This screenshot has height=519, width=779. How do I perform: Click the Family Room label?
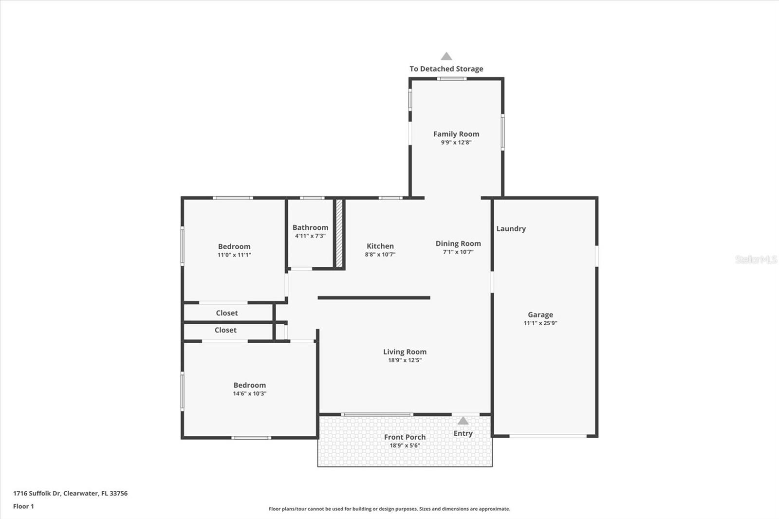click(x=456, y=134)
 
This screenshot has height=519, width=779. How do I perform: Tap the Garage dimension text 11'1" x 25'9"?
click(x=540, y=323)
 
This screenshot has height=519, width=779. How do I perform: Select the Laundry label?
click(x=511, y=228)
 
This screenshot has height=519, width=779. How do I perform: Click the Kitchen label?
click(x=380, y=246)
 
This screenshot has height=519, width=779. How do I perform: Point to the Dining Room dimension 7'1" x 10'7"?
click(x=458, y=252)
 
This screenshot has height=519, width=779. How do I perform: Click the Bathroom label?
click(x=310, y=227)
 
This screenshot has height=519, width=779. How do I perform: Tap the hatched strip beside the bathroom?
click(x=339, y=233)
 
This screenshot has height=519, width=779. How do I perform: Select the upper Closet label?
click(x=227, y=313)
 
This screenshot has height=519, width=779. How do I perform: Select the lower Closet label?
click(x=225, y=330)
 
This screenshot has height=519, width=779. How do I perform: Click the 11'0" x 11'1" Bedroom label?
click(x=234, y=246)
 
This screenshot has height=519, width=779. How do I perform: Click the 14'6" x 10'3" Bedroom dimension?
click(x=249, y=394)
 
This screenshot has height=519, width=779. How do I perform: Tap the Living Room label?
click(x=405, y=352)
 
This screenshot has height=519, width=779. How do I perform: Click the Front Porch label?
click(x=405, y=437)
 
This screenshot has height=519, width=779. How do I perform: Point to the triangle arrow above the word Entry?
click(x=463, y=421)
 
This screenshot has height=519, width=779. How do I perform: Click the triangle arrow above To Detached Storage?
click(x=446, y=56)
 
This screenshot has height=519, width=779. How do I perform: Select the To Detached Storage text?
click(x=446, y=69)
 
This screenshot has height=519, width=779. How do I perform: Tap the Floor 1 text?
click(x=23, y=506)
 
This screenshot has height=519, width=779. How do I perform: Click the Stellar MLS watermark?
click(x=756, y=259)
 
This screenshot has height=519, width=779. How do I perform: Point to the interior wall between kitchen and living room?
click(x=374, y=297)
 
